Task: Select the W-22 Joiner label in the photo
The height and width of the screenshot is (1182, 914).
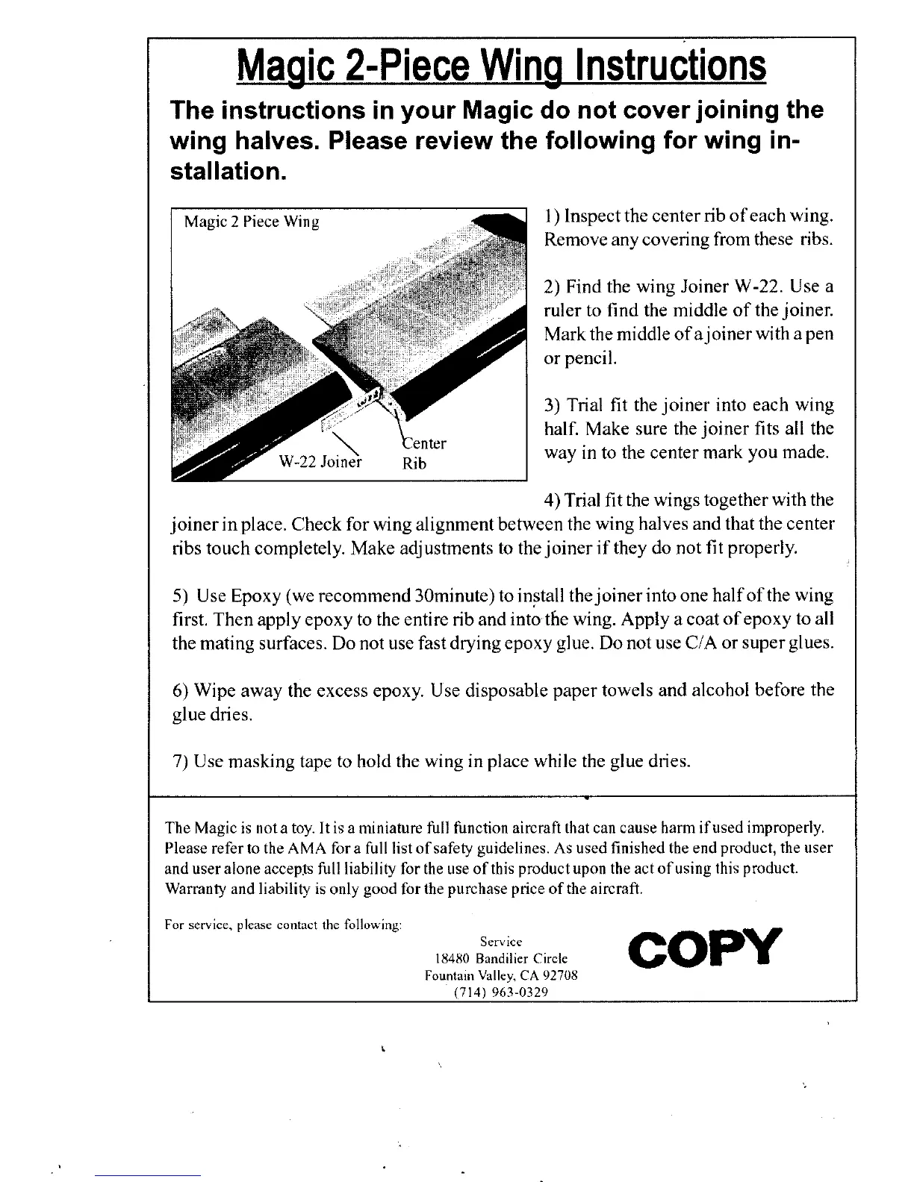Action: click(320, 462)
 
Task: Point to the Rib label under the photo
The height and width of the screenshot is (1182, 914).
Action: click(414, 463)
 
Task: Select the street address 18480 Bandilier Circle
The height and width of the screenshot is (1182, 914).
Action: click(500, 958)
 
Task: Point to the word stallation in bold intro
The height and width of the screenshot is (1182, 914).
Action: click(225, 172)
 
